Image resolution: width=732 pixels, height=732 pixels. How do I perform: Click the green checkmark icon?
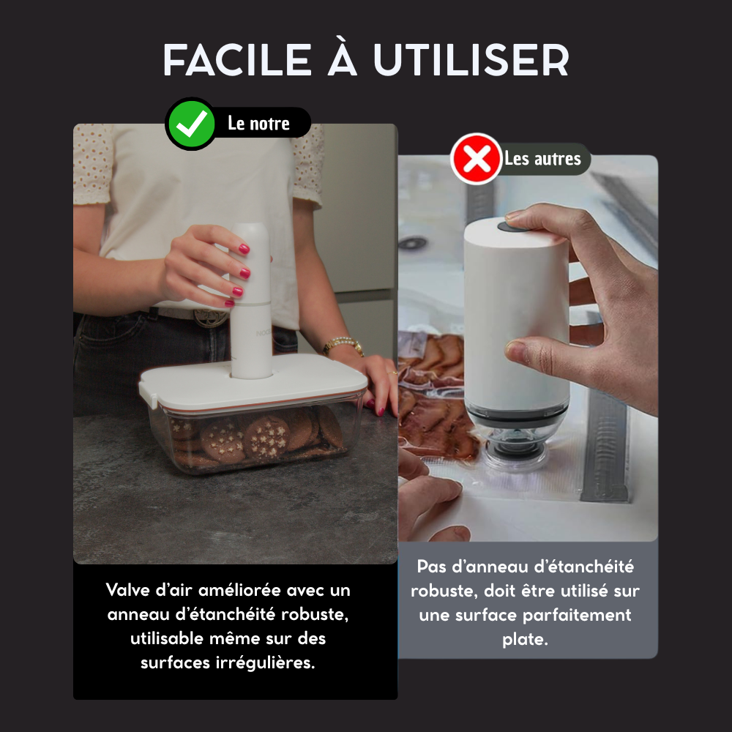tap(191, 124)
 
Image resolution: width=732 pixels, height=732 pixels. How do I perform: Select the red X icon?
tap(477, 159)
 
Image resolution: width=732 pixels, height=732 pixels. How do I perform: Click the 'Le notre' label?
tap(258, 124)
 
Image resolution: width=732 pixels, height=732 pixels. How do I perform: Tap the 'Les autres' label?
tap(542, 159)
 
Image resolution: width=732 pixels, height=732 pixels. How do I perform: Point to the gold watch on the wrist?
tap(343, 344)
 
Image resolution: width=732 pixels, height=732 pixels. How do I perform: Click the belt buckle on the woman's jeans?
tap(210, 316)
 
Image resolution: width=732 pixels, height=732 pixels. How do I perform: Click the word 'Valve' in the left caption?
tap(130, 590)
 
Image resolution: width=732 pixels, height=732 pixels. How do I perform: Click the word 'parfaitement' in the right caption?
tap(580, 615)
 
